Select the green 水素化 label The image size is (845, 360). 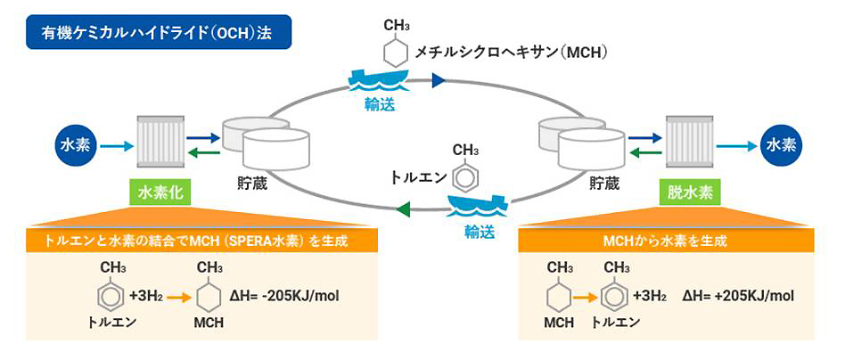click(160, 192)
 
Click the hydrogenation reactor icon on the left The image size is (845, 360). click(160, 143)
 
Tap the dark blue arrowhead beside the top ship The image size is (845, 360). click(438, 81)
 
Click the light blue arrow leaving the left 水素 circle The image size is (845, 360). click(111, 143)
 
